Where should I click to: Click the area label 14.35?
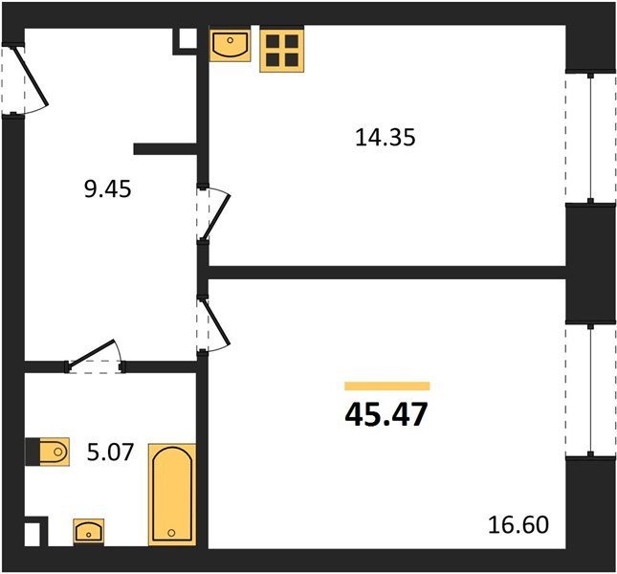tap(385, 138)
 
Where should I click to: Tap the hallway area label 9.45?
tap(107, 189)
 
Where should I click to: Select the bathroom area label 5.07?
tap(110, 453)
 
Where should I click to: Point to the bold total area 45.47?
tap(386, 414)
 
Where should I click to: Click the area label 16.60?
tap(518, 525)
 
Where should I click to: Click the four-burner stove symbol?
tap(282, 51)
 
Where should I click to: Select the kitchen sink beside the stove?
tap(231, 46)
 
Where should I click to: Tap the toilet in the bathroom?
tap(48, 452)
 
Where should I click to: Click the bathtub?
tap(172, 495)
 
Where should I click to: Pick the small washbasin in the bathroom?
tap(89, 531)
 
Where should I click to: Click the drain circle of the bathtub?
tap(171, 533)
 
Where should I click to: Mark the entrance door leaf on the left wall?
tap(31, 77)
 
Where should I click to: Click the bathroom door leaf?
tap(91, 353)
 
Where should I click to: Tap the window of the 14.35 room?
tap(590, 138)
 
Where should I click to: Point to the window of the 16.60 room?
tap(590, 390)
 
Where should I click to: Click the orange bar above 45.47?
tap(387, 386)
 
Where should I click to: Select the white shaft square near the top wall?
tap(188, 38)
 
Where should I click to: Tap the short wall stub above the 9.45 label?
tap(165, 149)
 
